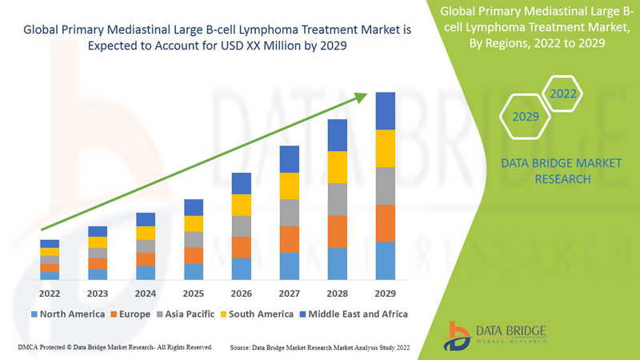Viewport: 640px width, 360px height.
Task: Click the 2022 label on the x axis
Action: [50, 292]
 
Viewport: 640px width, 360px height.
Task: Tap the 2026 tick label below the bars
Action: [242, 292]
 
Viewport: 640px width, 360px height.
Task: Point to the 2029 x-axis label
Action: [386, 292]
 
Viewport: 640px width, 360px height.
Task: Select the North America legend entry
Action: [67, 314]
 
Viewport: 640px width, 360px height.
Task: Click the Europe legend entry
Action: [131, 314]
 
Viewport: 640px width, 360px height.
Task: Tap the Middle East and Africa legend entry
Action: [352, 314]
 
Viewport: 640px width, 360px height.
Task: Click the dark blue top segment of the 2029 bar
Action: [386, 110]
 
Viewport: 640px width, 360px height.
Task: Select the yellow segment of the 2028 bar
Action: [338, 167]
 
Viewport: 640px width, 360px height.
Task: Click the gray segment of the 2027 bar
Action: [290, 213]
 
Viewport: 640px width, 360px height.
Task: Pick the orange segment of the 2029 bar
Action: [386, 223]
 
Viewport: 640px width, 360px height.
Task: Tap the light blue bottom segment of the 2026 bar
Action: [242, 269]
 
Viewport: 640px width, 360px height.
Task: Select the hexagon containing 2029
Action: [526, 117]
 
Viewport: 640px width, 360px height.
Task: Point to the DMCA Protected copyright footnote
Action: [114, 348]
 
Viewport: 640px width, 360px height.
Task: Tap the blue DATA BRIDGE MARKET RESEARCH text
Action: [549, 171]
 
